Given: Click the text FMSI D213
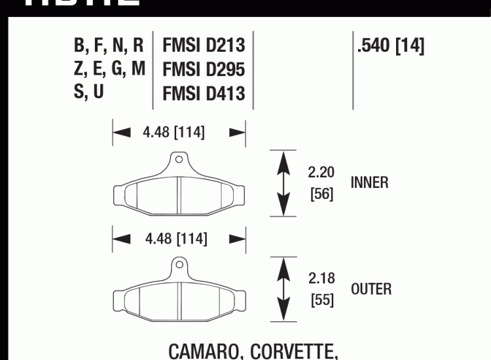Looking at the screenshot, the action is [204, 46].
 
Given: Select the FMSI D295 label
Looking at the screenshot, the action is [204, 69].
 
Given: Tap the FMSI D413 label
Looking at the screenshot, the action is [204, 93].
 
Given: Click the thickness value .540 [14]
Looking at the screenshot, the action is [391, 46].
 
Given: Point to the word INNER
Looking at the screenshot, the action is [369, 183].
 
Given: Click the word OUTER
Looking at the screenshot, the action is [371, 289].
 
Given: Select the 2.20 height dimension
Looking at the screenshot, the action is [321, 173].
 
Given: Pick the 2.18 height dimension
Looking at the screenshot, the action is [321, 278].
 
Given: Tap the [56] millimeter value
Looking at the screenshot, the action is [321, 194].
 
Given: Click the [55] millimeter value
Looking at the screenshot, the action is [321, 300].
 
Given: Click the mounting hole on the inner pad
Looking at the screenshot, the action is [179, 159].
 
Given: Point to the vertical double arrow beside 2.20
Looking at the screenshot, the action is [282, 183].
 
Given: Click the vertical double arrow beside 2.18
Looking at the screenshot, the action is [283, 289].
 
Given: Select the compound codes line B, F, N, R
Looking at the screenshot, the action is [109, 46].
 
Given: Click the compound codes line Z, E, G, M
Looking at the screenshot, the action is [109, 69].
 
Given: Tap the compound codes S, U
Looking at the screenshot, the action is [89, 92].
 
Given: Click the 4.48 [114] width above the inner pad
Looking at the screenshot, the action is [173, 133].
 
